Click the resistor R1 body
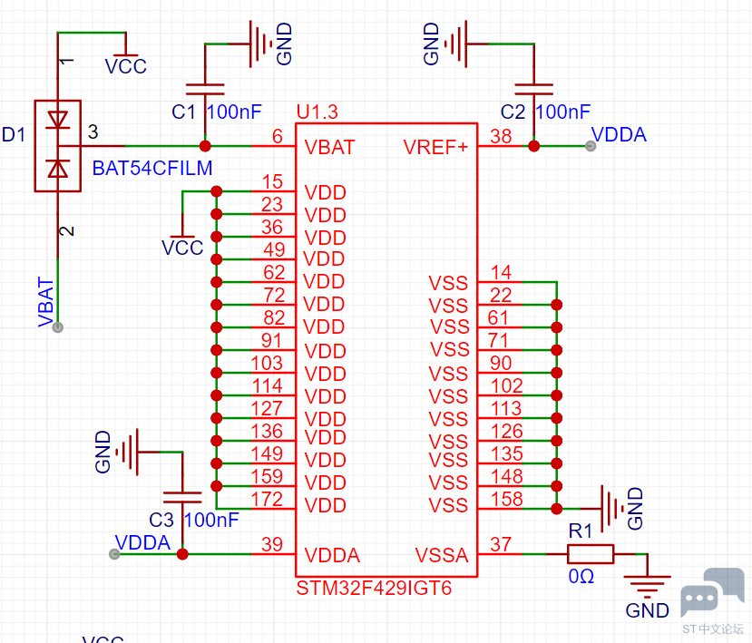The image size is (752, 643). (591, 554)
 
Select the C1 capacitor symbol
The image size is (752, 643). (205, 89)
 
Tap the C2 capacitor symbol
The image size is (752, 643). (533, 89)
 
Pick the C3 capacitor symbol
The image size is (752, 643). (182, 497)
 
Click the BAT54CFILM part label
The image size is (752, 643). (152, 169)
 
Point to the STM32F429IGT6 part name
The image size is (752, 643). (374, 588)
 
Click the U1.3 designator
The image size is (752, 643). (317, 112)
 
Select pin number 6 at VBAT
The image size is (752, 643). (278, 136)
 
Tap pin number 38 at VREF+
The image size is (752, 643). (501, 136)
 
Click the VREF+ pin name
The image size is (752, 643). (435, 147)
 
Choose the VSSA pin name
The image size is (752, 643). (441, 555)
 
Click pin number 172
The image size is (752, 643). (267, 499)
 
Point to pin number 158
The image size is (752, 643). (506, 499)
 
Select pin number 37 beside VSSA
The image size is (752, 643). (501, 544)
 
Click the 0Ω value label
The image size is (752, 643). (581, 577)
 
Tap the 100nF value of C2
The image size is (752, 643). (562, 112)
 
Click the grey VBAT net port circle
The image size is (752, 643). (57, 327)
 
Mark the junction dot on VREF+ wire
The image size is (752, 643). (533, 146)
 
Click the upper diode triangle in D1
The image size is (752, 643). (57, 120)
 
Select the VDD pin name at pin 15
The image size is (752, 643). (325, 193)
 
